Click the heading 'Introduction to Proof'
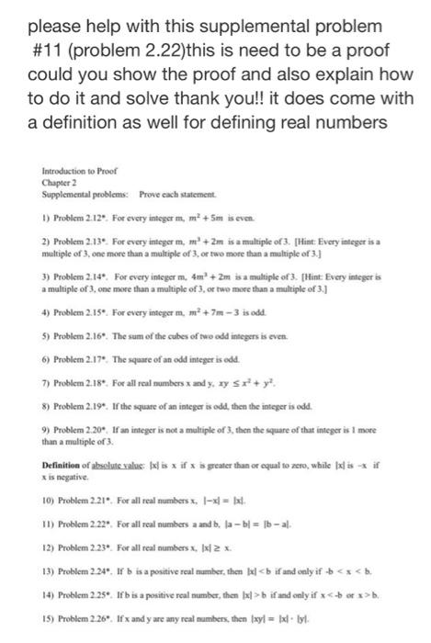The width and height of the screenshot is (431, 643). point(70,171)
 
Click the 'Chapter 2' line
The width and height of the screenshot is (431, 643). point(54,182)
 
